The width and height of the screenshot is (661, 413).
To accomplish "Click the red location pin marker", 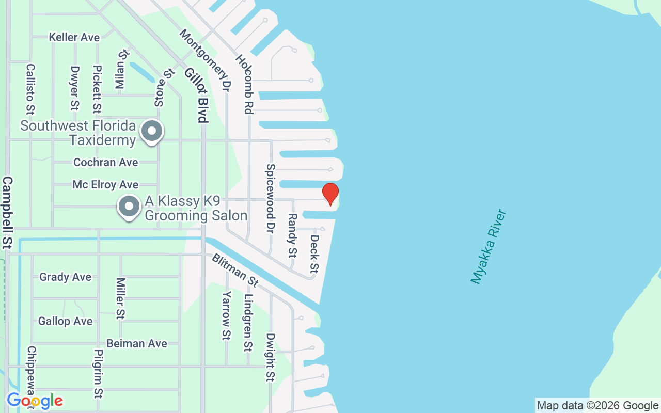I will coord(330,194).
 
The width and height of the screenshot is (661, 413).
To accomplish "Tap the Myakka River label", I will coord(489,246).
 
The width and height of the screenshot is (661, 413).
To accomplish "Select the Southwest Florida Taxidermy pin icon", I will coord(152,131).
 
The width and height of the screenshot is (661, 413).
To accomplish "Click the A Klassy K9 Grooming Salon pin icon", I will coord(129,206).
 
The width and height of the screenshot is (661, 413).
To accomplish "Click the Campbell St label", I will coord(8,212).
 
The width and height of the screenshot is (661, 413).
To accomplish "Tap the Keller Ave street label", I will coord(74,37).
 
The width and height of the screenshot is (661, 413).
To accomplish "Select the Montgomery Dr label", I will coord(204,60).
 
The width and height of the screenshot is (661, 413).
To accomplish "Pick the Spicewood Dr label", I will coord(270,198).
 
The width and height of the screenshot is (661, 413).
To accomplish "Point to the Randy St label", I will coord(292,235).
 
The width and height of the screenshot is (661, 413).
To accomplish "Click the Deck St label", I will coord(314,253).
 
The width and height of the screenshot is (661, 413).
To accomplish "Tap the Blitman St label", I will coord(234,270).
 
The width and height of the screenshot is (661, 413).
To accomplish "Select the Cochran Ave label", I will coord(105,162).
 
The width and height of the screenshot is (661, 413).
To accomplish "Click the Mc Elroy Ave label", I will coord(105,184).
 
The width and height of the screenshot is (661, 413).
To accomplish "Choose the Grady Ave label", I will coord(65,277).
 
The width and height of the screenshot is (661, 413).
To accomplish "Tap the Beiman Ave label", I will coord(136,343).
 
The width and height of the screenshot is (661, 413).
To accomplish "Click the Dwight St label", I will coord(270,357).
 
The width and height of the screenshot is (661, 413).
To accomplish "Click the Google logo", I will coord(35,401).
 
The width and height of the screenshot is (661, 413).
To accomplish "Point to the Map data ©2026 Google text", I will coord(597,406).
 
